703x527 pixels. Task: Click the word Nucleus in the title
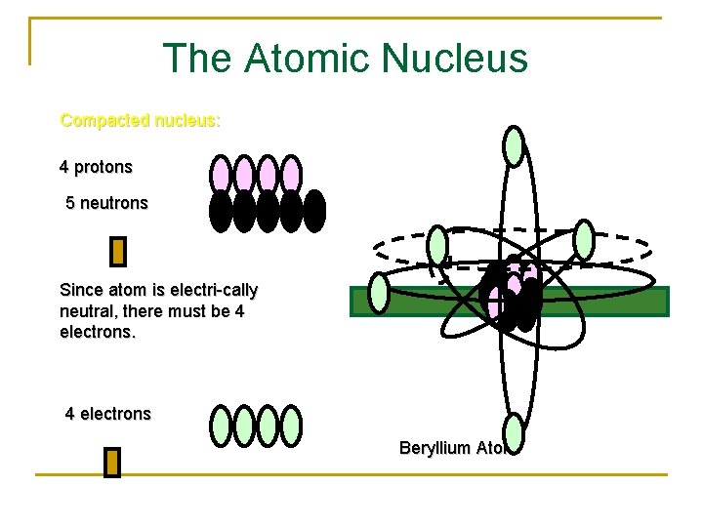(x=455, y=59)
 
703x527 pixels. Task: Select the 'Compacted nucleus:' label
(x=141, y=121)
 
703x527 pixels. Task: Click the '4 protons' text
(x=96, y=167)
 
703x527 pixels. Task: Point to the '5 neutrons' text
(x=106, y=203)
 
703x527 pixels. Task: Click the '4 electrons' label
(x=108, y=414)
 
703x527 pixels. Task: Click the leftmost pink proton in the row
(x=222, y=174)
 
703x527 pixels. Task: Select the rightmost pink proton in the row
(x=292, y=174)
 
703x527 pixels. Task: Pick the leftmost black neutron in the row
(x=221, y=210)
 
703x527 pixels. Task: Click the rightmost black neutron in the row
(x=314, y=210)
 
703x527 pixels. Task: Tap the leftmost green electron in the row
(x=222, y=425)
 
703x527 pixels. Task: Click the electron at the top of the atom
(x=514, y=146)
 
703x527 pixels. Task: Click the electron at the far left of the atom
(x=379, y=293)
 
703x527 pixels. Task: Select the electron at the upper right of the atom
(x=583, y=238)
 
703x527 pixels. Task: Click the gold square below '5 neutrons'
(x=118, y=252)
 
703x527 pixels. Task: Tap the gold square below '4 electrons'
(x=112, y=463)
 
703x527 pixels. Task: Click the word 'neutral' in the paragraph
(x=86, y=311)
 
